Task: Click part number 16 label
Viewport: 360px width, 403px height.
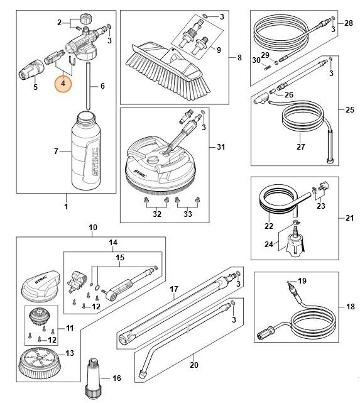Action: point(116,378)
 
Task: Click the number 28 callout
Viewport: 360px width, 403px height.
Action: point(349,23)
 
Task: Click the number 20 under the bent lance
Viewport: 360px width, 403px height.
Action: point(194,364)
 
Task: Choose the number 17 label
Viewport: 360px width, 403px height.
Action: point(175,289)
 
